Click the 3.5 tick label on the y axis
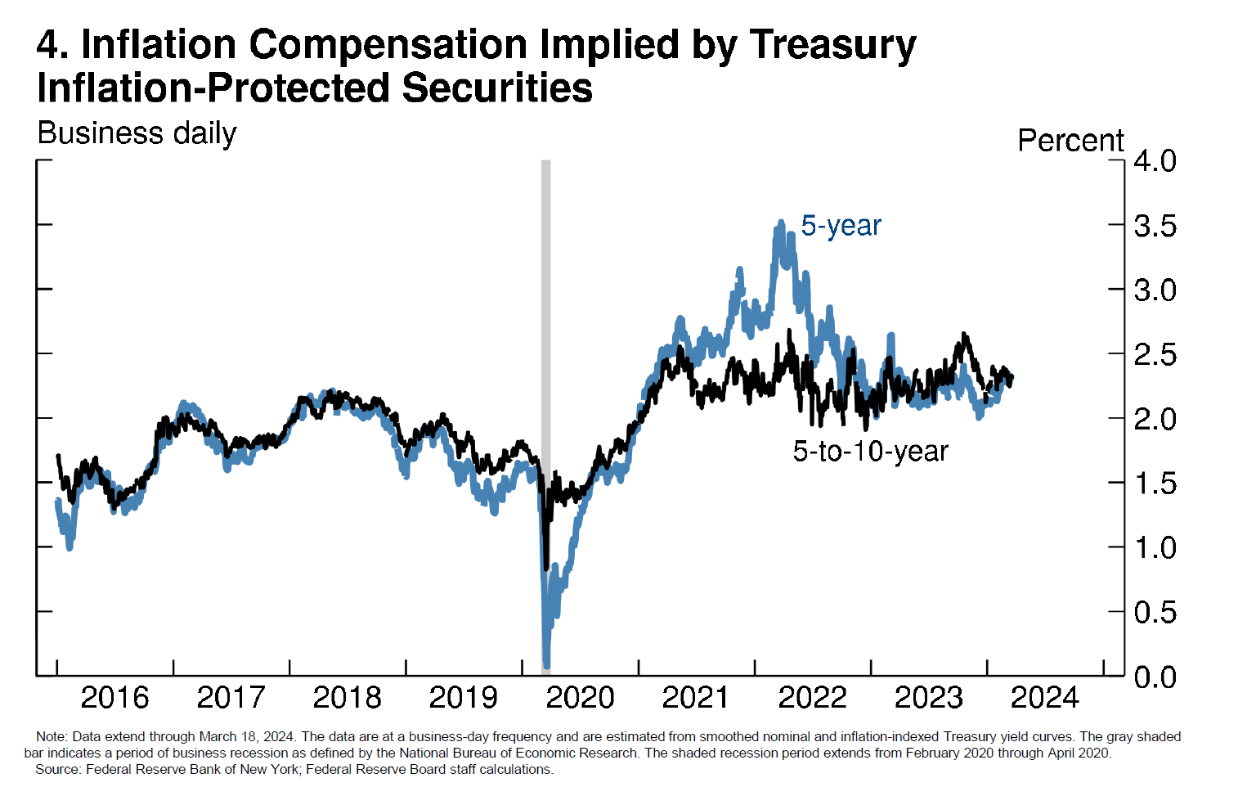[x=1155, y=226]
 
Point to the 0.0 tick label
[x=1155, y=677]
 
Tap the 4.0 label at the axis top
[x=1155, y=161]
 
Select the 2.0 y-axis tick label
[x=1155, y=419]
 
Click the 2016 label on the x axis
[x=114, y=698]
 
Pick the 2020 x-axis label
[x=580, y=698]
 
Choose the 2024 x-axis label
[x=1044, y=698]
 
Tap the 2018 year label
[x=347, y=698]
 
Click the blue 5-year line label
[x=841, y=225]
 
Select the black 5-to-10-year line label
[x=870, y=451]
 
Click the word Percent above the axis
[x=1070, y=141]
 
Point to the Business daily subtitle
[x=137, y=133]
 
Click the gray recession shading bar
[x=546, y=327]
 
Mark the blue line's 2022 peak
[x=781, y=223]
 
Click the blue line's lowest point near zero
[x=546, y=664]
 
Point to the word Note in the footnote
[x=51, y=737]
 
